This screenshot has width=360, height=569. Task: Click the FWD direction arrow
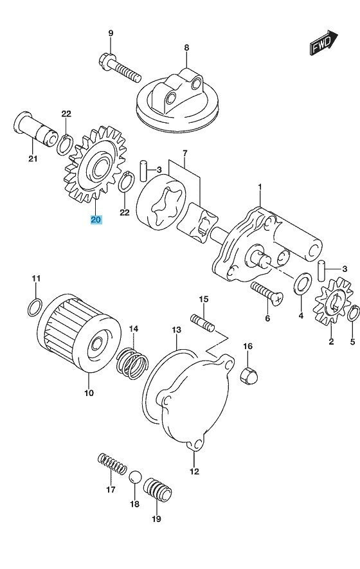coord(323,42)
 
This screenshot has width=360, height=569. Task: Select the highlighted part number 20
coord(96,219)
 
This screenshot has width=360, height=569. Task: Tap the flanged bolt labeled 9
coord(120,68)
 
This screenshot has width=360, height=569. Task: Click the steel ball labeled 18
coord(134,477)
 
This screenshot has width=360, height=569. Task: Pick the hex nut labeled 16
coord(249,375)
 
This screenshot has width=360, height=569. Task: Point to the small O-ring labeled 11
coord(35,307)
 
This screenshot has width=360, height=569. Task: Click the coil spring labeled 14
coord(132,363)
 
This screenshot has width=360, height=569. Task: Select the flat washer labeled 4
coord(302,283)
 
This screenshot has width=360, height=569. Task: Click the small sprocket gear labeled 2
coord(333,301)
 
